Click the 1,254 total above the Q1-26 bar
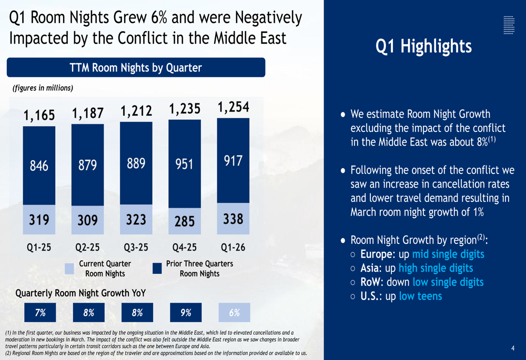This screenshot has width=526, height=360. click(234, 107)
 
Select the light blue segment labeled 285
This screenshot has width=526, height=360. click(185, 221)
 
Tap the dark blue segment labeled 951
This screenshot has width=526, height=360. click(185, 164)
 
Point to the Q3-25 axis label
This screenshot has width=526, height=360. click(136, 248)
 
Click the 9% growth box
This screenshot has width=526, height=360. click(186, 312)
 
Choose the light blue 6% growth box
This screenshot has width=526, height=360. click(234, 312)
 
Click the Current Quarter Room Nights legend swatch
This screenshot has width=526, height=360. click(69, 269)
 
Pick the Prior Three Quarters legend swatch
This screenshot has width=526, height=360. click(157, 269)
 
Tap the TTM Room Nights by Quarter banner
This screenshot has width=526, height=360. click(136, 67)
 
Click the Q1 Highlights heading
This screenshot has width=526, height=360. click(423, 46)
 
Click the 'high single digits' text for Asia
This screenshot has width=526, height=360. click(436, 268)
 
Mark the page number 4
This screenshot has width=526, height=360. click(512, 348)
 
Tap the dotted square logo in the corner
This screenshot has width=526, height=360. click(509, 25)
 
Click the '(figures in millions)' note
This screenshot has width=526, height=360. click(43, 88)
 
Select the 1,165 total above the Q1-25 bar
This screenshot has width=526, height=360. click(39, 115)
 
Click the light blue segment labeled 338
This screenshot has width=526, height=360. click(233, 219)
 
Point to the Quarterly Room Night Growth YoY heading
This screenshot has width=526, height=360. click(80, 293)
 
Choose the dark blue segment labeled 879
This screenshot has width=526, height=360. click(87, 165)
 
